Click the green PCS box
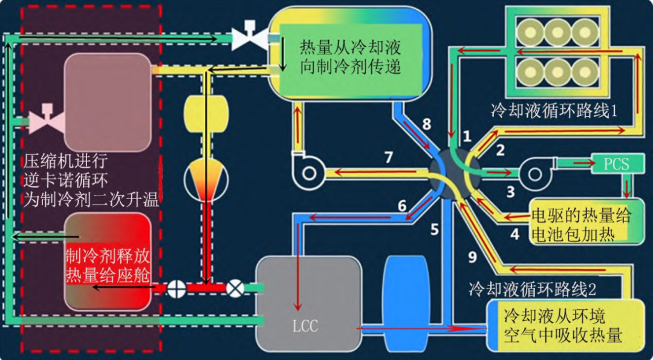617,164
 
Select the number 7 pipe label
389,157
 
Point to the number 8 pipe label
426,124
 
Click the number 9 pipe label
472,258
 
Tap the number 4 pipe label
515,234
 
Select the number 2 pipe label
500,150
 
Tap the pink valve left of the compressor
47,120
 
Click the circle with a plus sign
177,289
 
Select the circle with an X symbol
235,289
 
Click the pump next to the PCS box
535,172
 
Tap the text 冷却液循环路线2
532,289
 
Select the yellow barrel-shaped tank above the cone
207,113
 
